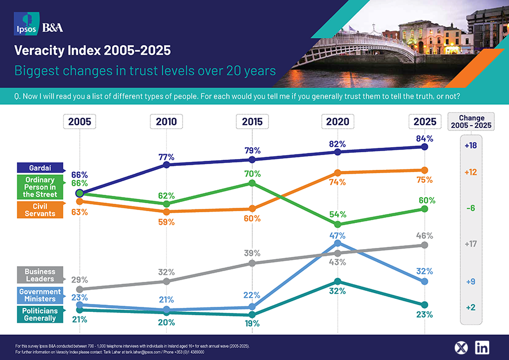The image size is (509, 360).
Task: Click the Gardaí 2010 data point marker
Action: (166, 165)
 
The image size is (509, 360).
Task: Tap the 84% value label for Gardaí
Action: (424, 138)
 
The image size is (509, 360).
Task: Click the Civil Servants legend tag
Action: (40, 210)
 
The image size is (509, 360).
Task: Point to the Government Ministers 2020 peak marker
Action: (338, 243)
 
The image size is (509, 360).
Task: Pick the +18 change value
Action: (471, 145)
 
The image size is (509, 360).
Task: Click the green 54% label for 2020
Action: (338, 215)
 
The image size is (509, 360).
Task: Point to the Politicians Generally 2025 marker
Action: (425, 305)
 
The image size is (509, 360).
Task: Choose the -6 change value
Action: (471, 208)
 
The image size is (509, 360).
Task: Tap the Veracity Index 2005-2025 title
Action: (92, 51)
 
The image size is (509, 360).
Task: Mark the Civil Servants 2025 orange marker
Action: (425, 170)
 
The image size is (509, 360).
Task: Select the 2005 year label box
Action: (80, 121)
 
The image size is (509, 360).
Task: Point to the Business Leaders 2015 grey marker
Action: (252, 263)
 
